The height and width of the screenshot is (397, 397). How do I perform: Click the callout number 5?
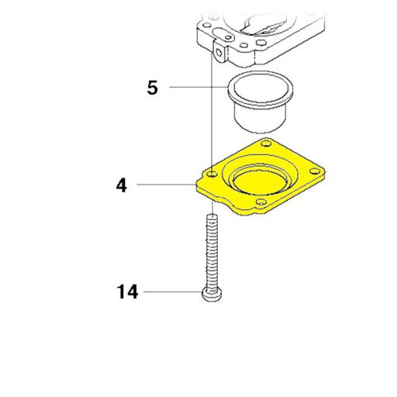152,88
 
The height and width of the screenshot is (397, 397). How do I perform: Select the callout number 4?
122,185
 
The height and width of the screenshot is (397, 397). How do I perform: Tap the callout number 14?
127,292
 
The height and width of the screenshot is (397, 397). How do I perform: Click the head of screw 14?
212,295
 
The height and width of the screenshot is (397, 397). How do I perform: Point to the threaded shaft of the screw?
212,254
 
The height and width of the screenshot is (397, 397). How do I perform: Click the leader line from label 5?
198,87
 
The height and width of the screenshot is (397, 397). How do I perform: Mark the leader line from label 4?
167,185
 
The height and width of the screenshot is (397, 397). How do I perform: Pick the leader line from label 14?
173,292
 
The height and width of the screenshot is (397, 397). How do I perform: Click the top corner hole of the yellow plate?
266,143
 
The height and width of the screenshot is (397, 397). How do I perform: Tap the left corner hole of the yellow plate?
212,174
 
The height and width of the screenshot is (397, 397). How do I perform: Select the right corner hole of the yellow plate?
315,171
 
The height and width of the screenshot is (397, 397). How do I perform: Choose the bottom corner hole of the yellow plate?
261,202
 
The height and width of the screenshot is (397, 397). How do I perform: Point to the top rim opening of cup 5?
261,87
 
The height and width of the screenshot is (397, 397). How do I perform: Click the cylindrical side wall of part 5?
261,118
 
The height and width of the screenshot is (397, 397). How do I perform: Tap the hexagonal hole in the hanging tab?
219,52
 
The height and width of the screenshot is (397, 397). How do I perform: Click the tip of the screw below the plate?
212,216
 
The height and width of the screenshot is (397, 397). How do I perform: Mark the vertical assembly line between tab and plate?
212,114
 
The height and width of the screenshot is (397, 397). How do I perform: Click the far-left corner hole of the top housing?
207,26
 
